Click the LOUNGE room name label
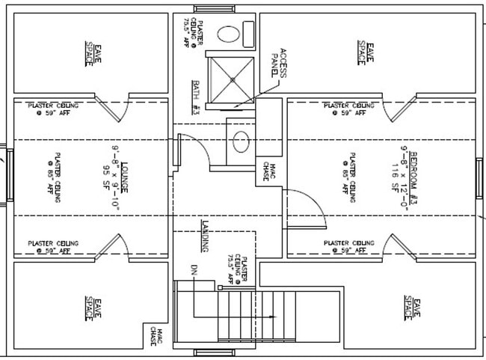tap(126, 177)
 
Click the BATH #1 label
tap(196, 95)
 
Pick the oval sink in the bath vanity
tap(241, 142)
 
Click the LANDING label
tap(203, 237)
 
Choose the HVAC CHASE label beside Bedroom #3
tap(267, 171)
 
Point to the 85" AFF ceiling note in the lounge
tap(52, 174)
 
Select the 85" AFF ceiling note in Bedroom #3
tap(349, 174)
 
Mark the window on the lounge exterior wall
tap(8, 174)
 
